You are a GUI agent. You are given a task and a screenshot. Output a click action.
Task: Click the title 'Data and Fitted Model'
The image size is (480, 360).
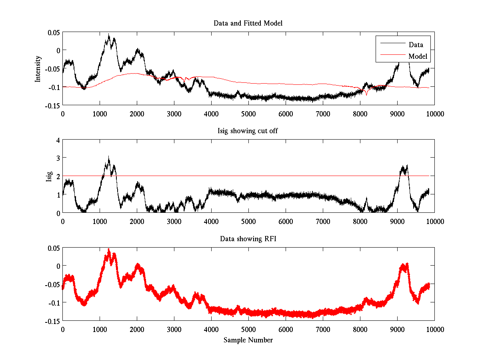point(248,23)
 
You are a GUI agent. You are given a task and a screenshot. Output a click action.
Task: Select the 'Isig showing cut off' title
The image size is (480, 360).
point(248,131)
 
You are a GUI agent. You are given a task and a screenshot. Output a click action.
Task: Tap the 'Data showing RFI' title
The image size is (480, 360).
point(248,239)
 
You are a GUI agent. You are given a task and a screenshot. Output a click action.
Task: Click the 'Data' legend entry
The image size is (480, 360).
point(416,45)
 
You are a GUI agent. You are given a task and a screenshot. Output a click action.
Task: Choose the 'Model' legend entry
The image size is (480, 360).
point(418,56)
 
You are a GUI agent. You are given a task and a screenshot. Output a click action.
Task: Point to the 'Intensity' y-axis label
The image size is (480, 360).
point(38,68)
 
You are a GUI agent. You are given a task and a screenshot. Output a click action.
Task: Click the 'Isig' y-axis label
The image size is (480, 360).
point(49,176)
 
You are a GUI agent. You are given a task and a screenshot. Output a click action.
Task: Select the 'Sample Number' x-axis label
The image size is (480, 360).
point(248,340)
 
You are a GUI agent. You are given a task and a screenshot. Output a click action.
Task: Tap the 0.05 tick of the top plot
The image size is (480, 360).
point(53,32)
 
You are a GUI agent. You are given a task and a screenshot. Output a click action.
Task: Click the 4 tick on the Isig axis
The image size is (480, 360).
point(58,140)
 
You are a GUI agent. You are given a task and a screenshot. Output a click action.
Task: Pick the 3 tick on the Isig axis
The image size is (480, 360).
point(58,158)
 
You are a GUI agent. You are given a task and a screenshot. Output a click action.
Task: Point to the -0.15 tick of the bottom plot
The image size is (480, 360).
point(53,321)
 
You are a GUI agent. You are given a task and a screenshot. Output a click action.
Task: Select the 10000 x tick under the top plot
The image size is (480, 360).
point(434,114)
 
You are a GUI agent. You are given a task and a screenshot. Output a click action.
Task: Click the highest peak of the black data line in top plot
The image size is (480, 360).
point(109,34)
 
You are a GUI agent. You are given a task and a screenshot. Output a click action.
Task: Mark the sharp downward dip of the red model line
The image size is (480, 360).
point(366,95)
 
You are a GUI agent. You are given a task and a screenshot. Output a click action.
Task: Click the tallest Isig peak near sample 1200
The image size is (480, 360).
point(108,156)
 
